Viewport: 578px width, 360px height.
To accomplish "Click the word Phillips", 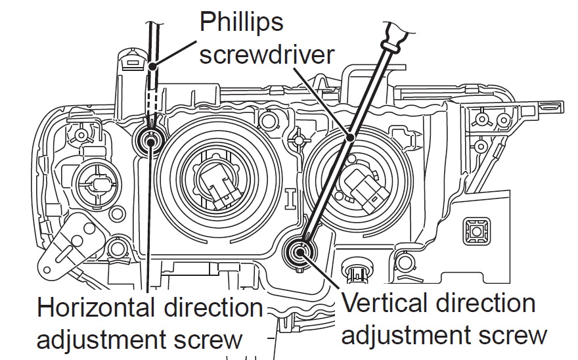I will click(241, 22).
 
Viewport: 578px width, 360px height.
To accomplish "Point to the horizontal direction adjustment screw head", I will click(151, 139).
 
